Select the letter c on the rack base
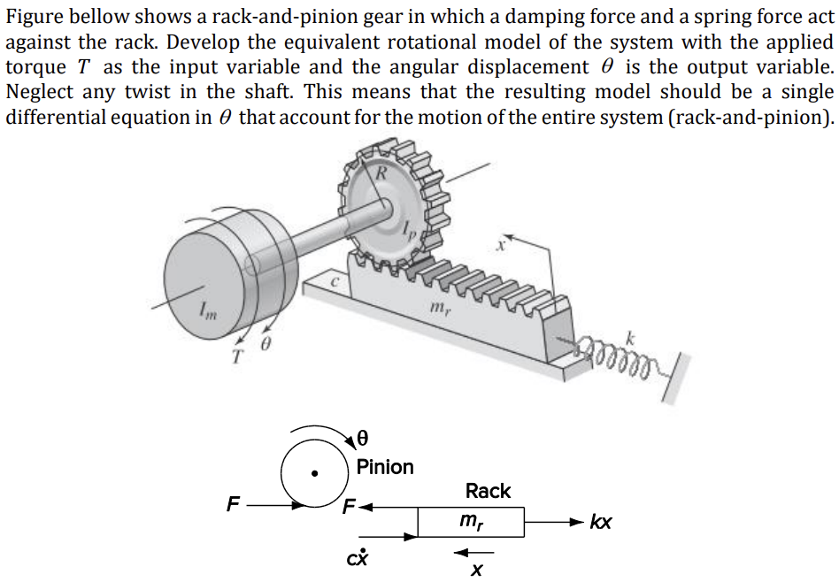pos(335,281)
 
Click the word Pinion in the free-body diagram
pos(385,466)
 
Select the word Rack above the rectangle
pos(488,491)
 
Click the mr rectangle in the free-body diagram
pos(471,522)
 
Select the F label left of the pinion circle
pos(233,506)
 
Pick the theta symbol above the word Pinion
pos(361,437)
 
